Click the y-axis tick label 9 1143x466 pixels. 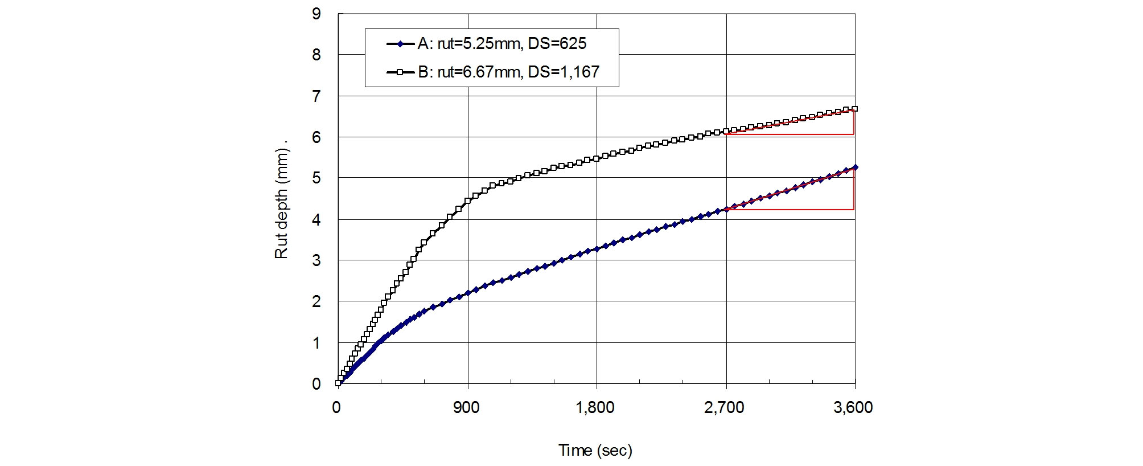[316, 14]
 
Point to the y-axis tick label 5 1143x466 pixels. [316, 178]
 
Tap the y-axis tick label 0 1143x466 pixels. [316, 384]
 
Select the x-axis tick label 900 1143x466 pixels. [466, 407]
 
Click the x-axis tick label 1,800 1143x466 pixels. [595, 407]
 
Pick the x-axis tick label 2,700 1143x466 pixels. [724, 407]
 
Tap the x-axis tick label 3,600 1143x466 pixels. [853, 407]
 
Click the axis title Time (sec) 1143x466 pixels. [595, 451]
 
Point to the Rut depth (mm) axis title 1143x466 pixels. [282, 199]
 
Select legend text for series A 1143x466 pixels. [502, 44]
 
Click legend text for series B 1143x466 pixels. [508, 72]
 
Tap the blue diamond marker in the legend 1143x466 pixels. [400, 44]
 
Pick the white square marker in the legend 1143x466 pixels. [400, 72]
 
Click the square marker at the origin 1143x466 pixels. [338, 383]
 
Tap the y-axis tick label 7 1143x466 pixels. [316, 96]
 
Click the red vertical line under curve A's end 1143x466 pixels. [854, 189]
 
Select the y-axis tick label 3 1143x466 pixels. [316, 260]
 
